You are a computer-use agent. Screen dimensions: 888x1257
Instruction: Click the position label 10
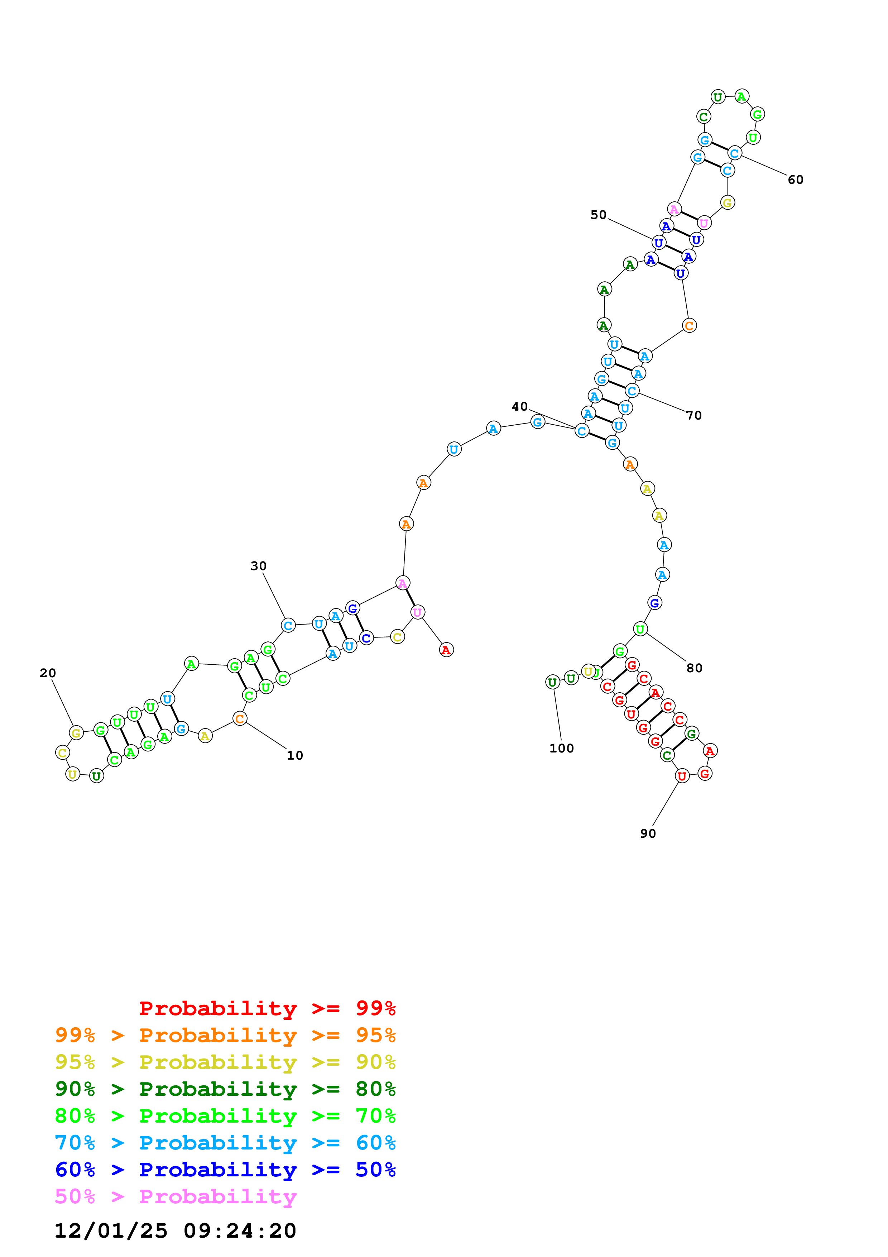(x=295, y=755)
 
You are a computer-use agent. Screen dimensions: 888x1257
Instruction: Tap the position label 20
(x=48, y=673)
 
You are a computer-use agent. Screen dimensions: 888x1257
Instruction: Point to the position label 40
(x=519, y=406)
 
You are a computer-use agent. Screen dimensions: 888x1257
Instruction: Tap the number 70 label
(x=694, y=416)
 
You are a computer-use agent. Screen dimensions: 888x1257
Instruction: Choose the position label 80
(x=694, y=668)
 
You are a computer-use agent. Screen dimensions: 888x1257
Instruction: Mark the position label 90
(x=648, y=833)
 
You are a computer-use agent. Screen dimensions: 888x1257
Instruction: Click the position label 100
(x=561, y=749)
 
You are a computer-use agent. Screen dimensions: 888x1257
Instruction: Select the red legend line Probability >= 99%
(x=268, y=1008)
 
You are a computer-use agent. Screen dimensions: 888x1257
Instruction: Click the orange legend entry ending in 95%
(x=225, y=1035)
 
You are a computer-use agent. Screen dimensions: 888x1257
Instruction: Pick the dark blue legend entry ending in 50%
(x=225, y=1170)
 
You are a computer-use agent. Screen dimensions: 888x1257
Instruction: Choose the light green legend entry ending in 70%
(x=225, y=1116)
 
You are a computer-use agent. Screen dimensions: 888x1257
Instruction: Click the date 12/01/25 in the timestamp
(x=111, y=1231)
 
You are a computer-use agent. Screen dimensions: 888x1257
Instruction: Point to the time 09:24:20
(x=240, y=1231)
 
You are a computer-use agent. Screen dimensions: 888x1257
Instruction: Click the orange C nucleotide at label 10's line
(x=240, y=718)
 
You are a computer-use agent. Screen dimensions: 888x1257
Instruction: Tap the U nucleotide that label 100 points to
(x=553, y=682)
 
